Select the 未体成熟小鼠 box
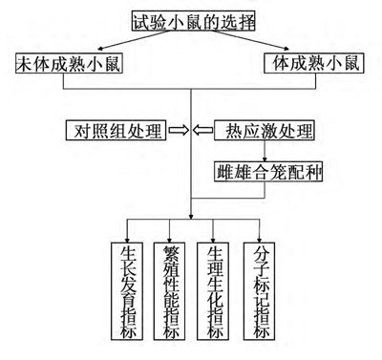click(x=68, y=66)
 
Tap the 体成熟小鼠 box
click(x=313, y=66)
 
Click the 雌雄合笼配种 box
click(x=262, y=172)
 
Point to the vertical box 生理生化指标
click(x=215, y=291)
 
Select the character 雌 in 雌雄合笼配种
click(x=225, y=172)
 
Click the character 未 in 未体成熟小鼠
click(x=24, y=66)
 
